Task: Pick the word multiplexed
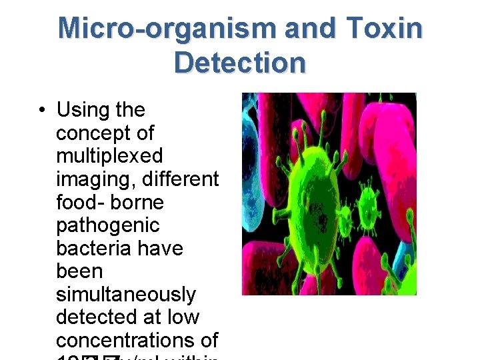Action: [x=109, y=156]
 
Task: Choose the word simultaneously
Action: [x=126, y=295]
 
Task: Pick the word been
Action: [x=79, y=271]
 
